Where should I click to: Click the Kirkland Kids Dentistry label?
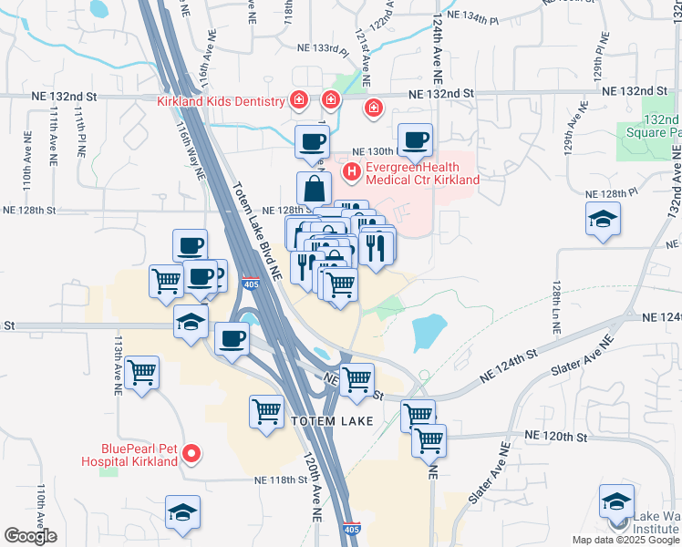pyautogui.click(x=222, y=101)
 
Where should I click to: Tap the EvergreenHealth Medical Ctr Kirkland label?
pyautogui.click(x=422, y=173)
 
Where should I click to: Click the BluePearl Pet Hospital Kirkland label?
pyautogui.click(x=139, y=455)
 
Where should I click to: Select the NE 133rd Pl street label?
pyautogui.click(x=323, y=48)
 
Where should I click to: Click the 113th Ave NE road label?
pyautogui.click(x=117, y=363)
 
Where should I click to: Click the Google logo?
pyautogui.click(x=30, y=536)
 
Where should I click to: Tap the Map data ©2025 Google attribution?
pyautogui.click(x=625, y=540)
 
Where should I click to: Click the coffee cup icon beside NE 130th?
pyautogui.click(x=415, y=139)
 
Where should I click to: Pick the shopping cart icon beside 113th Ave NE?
pyautogui.click(x=142, y=371)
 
